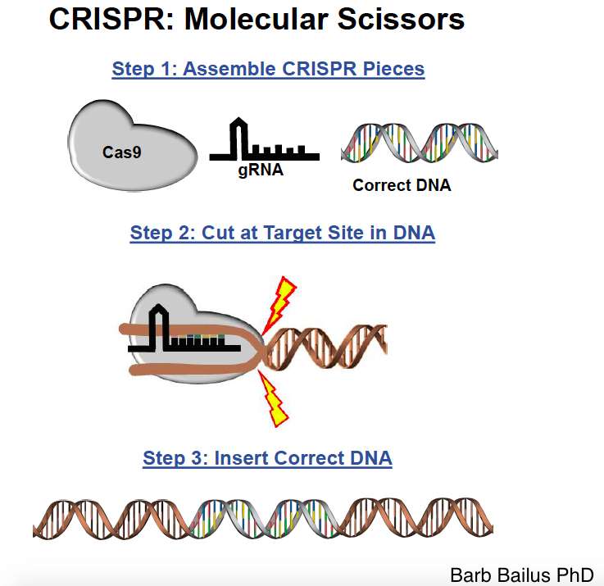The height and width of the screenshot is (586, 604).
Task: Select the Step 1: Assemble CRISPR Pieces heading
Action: click(x=268, y=69)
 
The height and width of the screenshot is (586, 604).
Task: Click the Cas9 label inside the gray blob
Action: click(x=122, y=152)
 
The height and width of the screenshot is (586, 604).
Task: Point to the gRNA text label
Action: click(x=261, y=170)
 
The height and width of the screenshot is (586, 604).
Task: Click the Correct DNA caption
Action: click(x=402, y=185)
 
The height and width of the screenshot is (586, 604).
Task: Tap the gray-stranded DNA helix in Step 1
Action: click(x=419, y=144)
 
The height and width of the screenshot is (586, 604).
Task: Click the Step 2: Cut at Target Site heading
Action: click(x=282, y=233)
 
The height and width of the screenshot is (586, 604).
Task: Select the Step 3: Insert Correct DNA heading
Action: click(x=267, y=457)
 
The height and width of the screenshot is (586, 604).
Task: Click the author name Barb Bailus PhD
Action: click(x=521, y=574)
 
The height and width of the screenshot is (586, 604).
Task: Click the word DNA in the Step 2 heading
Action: click(x=414, y=233)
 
